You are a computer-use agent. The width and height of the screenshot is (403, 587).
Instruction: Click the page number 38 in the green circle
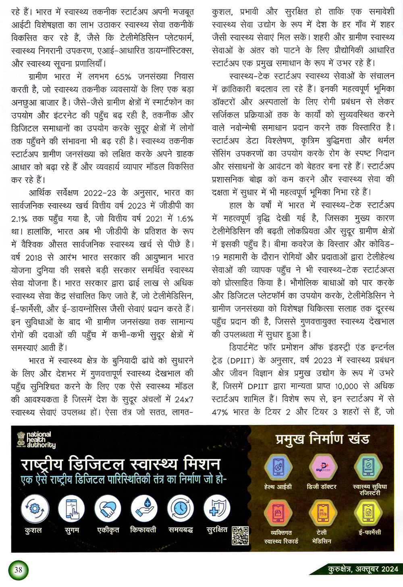click(18, 570)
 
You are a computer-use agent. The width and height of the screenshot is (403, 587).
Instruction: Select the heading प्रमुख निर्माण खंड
click(322, 439)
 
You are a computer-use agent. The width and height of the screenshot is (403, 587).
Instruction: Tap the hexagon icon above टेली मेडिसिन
click(322, 514)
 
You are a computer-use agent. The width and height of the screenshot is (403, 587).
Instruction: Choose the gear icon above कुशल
click(35, 509)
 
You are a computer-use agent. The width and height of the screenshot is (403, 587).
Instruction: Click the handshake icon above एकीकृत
click(108, 509)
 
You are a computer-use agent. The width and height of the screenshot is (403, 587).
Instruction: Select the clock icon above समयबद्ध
click(180, 509)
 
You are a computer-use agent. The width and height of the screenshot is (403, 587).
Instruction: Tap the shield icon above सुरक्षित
click(216, 509)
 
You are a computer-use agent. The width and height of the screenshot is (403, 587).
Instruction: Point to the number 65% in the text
click(123, 77)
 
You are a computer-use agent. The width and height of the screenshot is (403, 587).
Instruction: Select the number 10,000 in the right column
click(346, 386)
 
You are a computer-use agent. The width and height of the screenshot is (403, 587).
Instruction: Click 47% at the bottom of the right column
click(220, 412)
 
